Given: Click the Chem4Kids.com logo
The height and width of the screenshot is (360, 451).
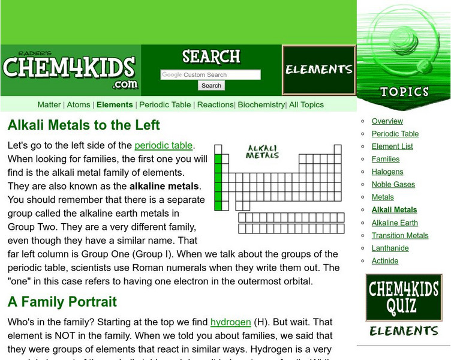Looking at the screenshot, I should pos(70,70).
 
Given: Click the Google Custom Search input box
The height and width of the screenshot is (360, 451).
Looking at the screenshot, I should pos(211,75).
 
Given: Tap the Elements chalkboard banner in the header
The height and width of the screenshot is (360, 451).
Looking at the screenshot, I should pos(318,70).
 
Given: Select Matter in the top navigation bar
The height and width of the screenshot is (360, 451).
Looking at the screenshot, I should pos(49,104).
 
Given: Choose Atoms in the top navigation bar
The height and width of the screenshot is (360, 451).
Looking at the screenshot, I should pos(79,104).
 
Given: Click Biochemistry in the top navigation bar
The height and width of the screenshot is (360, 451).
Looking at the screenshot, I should pos(261,104).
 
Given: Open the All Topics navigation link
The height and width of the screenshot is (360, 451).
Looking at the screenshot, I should pos(306,104).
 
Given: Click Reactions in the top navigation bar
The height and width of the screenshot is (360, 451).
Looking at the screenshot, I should pos(215,104).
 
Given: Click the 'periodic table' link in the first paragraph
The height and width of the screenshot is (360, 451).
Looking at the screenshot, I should pos(163,145).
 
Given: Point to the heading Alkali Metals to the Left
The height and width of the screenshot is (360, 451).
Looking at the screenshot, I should pos(84,125).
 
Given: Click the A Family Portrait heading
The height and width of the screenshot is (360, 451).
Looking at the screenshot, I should pos(62,302).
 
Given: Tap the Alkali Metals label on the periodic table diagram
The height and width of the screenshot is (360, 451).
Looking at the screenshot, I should pos(263,152).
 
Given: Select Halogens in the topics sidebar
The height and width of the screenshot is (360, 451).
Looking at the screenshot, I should pos(387,172).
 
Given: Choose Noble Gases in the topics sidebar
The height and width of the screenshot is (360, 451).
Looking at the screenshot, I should pos(393,184).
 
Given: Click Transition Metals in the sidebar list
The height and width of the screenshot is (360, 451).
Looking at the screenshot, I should pos(400,235).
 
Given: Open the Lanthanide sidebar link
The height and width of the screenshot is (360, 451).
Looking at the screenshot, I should pos(390,248).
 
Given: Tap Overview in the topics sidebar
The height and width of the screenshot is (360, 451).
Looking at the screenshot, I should pos(387,121).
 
